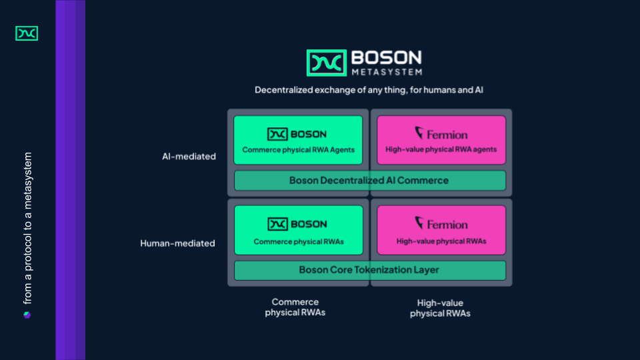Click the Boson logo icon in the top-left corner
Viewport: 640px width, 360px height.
click(27, 33)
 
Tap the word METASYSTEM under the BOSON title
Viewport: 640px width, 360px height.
click(385, 71)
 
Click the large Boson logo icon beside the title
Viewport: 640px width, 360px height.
click(327, 63)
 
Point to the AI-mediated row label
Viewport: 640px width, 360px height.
click(189, 157)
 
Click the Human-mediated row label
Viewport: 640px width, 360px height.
click(177, 243)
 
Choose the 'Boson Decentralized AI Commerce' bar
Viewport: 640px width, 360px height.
click(369, 181)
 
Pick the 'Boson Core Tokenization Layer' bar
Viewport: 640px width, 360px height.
click(369, 270)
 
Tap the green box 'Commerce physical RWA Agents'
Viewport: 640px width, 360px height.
click(298, 140)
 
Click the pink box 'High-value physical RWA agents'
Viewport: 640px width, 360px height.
click(441, 140)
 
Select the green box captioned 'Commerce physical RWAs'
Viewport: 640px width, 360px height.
click(298, 230)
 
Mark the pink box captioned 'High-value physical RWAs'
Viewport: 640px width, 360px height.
click(441, 230)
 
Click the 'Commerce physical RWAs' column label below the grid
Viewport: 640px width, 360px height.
click(295, 307)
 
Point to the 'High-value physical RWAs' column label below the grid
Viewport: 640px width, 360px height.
click(440, 308)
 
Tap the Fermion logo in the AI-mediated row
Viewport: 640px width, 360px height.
click(441, 133)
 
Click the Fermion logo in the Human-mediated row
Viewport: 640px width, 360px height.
click(441, 223)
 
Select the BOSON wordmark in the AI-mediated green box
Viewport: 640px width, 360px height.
click(309, 134)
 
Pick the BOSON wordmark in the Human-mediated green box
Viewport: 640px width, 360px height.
click(309, 224)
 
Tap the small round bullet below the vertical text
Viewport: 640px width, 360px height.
click(27, 315)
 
